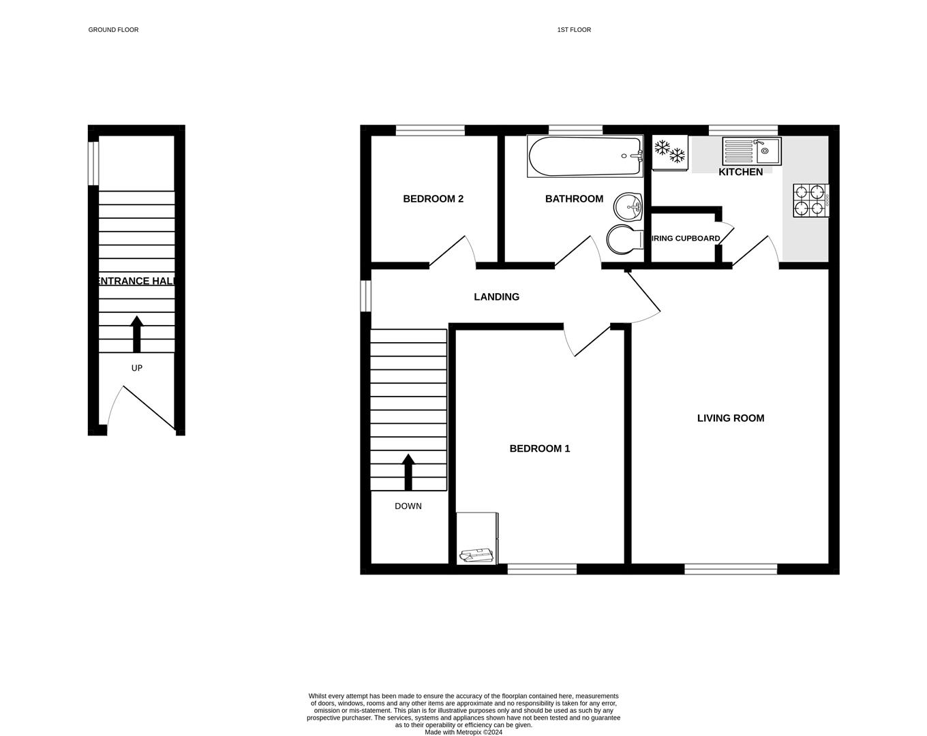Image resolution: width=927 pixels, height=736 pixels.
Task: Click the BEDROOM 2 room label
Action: tap(434, 199)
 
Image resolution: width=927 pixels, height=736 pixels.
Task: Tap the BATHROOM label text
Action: tap(574, 199)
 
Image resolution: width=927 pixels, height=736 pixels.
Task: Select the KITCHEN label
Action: tap(740, 172)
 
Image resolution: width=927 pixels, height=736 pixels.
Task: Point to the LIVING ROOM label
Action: tap(731, 418)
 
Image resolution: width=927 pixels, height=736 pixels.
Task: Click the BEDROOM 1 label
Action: tap(540, 448)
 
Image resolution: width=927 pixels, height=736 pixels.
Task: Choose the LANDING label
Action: tap(497, 297)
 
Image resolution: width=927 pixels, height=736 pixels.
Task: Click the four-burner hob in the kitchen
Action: tap(810, 201)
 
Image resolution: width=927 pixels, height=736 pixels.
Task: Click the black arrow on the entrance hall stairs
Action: tap(137, 333)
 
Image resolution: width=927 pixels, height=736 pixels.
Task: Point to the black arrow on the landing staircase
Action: tap(408, 472)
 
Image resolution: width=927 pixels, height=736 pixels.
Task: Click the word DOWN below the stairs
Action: tap(408, 506)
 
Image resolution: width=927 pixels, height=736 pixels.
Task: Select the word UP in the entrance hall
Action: tap(137, 368)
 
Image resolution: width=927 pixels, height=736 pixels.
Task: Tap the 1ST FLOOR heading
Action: tap(574, 30)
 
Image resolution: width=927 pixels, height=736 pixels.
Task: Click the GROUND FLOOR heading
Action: tap(113, 30)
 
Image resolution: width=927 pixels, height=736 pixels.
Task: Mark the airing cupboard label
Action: tap(686, 239)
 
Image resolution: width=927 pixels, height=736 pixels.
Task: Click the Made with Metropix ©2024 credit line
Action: tap(463, 733)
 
